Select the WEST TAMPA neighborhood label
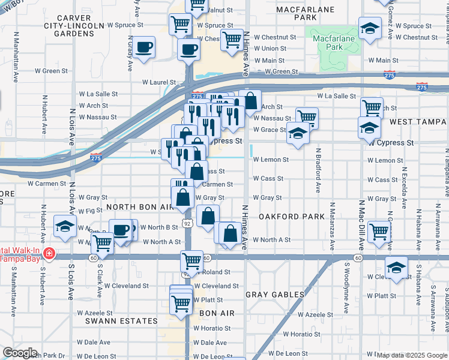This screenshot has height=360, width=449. click(416, 122)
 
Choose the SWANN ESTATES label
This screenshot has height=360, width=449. click(121, 321)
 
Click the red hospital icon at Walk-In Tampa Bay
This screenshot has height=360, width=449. click(49, 254)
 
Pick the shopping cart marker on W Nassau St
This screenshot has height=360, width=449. click(307, 117)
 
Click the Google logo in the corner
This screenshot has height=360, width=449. click(19, 353)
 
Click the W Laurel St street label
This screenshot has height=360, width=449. click(158, 82)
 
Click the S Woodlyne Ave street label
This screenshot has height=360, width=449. click(345, 298)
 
